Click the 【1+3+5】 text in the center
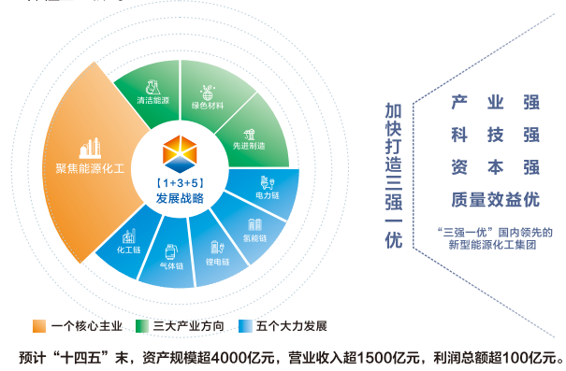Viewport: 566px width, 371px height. (180, 179)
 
